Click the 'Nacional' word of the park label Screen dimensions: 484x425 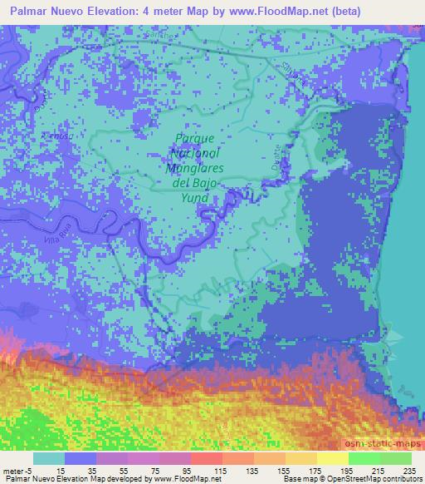click(x=196, y=154)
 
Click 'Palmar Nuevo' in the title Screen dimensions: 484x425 click(x=42, y=9)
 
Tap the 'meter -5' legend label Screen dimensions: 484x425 click(x=17, y=470)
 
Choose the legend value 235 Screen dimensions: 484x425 click(x=403, y=470)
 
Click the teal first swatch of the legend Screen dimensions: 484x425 click(x=48, y=457)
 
